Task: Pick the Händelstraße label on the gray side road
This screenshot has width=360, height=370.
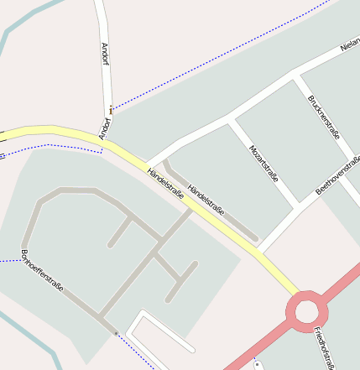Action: (x=206, y=201)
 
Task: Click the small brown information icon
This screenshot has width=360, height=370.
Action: (x=111, y=108)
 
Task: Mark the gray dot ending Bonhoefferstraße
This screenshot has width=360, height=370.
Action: (x=115, y=333)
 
